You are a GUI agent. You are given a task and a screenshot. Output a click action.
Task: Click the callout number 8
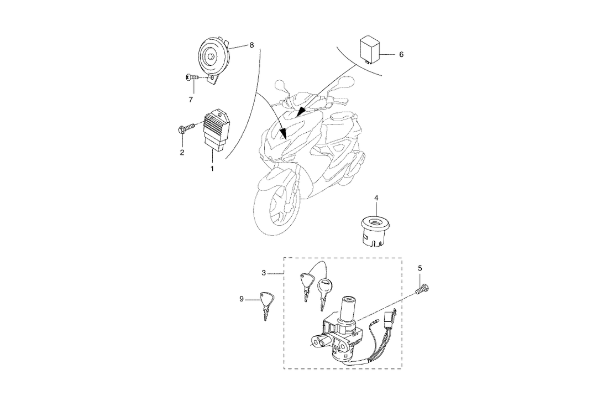[x=251, y=45]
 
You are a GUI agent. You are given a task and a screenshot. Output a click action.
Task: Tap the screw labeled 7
[x=193, y=79]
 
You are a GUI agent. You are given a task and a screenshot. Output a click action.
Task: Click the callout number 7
[x=192, y=99]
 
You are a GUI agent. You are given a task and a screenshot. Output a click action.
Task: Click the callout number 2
[x=182, y=152]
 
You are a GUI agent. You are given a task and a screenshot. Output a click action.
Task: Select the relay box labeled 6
[x=370, y=49]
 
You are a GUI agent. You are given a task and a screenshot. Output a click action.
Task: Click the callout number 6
[x=401, y=55]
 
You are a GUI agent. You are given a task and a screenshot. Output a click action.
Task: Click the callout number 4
[x=376, y=197]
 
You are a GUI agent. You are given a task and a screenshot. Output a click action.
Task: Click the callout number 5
[x=420, y=268]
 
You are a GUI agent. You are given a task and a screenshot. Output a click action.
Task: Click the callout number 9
[x=242, y=299]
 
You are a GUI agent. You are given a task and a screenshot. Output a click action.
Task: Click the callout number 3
[x=264, y=273]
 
